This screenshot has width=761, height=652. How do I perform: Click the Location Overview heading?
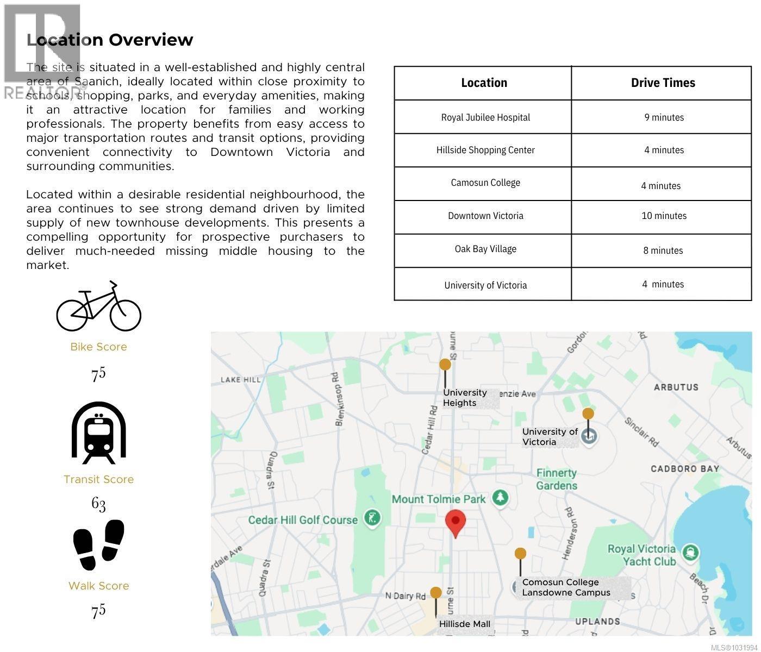[x=110, y=40]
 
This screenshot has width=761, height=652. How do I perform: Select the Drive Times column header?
[x=663, y=83]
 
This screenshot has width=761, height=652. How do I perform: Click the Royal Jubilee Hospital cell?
[x=485, y=117]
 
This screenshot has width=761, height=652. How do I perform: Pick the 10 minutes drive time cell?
[x=664, y=216]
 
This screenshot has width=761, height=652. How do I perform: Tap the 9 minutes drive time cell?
[x=664, y=117]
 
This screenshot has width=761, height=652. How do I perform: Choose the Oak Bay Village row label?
[x=485, y=249]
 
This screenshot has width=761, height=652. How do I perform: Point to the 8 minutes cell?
[x=663, y=250]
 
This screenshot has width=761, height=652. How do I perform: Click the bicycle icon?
[x=99, y=307]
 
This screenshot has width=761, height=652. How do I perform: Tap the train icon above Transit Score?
[x=99, y=433]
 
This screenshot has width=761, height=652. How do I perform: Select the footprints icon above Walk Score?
[x=99, y=545]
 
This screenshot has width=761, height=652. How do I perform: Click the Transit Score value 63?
[x=98, y=504]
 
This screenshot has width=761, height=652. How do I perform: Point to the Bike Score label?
[x=98, y=347]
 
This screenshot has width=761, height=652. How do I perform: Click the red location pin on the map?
[x=456, y=522]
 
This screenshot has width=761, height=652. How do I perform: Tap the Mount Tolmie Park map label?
[x=439, y=499]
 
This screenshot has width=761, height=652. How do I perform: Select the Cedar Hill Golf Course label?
[x=303, y=520]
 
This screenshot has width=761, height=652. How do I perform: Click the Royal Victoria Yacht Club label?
[x=641, y=555]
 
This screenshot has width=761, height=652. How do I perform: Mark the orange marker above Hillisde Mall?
[x=435, y=593]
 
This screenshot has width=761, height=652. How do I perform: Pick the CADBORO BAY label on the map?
[x=685, y=468]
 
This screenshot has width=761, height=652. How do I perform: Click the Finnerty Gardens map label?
[x=557, y=479]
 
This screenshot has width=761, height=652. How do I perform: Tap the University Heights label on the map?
[x=465, y=398]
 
